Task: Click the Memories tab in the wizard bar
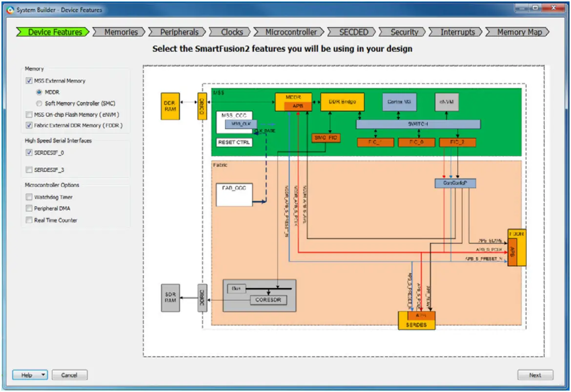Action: [121, 32]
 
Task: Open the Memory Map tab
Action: [519, 32]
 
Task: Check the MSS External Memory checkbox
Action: [29, 81]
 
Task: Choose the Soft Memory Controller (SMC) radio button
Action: [40, 103]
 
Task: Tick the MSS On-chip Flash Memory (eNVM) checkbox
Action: [29, 115]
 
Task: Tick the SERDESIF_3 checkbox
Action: [29, 170]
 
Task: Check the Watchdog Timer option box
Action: [29, 197]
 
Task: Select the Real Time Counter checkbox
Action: [29, 220]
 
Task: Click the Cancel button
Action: [69, 375]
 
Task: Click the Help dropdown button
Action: [30, 375]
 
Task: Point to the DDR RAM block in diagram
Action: [170, 106]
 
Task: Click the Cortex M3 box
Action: [398, 102]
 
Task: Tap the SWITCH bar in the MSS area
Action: [418, 124]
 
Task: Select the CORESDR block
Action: [267, 300]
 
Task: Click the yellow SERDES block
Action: [416, 325]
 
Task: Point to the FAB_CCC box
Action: [233, 194]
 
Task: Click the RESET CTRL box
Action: [234, 142]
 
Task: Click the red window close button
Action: [554, 8]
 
